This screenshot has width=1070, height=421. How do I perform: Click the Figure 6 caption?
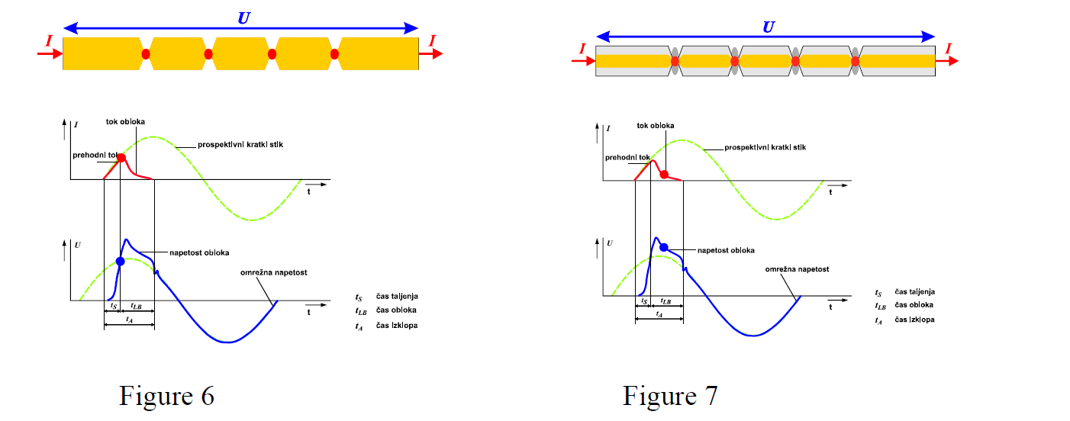point(166,396)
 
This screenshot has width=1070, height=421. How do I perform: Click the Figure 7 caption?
point(670,396)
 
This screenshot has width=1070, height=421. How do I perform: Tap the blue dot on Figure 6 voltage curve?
point(120,261)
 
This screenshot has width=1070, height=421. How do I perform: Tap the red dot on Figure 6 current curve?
point(121,157)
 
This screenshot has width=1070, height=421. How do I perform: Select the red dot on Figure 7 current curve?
point(664,175)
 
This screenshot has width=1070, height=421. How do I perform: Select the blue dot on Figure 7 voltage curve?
point(664,247)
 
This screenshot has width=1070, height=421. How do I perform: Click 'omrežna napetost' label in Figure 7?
point(797,269)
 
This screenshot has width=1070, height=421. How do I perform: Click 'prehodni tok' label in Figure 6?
point(94,156)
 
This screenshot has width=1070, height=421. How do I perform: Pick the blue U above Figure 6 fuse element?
point(243,17)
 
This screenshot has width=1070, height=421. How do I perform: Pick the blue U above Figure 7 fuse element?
point(768,26)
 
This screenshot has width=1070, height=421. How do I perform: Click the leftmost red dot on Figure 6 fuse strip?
point(146,54)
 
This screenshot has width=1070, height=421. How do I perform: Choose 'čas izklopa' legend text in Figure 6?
point(397,326)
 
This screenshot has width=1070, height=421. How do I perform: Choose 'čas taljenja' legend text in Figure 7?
point(916,292)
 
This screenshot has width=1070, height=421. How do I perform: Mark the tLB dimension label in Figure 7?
point(666,302)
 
